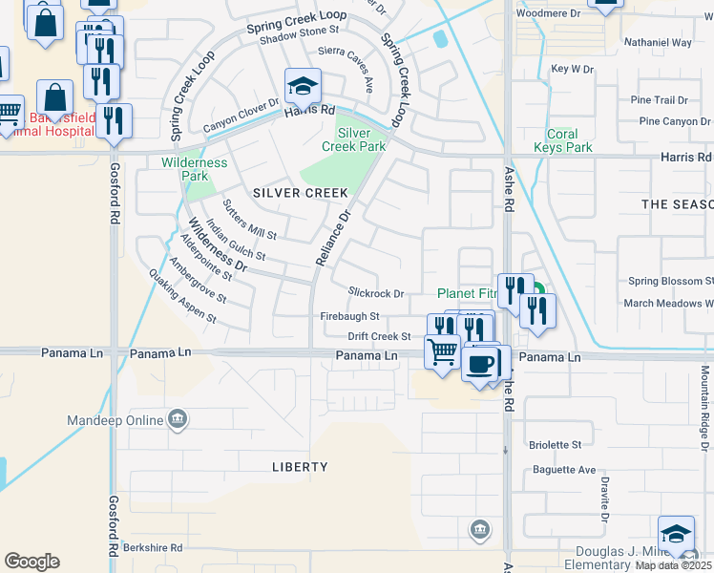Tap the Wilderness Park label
tap(194, 169)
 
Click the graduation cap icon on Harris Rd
tap(303, 87)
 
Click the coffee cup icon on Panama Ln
tap(480, 362)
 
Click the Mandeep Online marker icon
tap(178, 419)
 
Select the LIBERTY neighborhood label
tap(300, 467)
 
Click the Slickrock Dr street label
tap(376, 293)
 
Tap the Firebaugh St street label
tap(349, 316)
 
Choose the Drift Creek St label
tap(379, 336)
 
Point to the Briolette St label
tap(555, 445)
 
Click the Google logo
tap(31, 561)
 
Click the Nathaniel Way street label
tap(657, 43)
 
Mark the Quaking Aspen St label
tap(180, 297)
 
